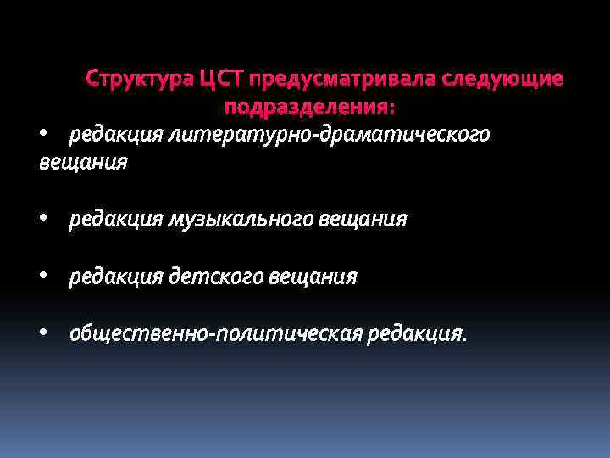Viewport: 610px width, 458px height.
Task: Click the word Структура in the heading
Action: pyautogui.click(x=140, y=80)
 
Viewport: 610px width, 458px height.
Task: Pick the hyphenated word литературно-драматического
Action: pyautogui.click(x=329, y=134)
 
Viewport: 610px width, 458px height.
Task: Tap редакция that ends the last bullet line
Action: pyautogui.click(x=416, y=334)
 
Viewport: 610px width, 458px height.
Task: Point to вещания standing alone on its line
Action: pyautogui.click(x=83, y=162)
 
